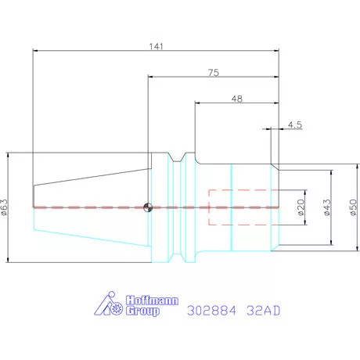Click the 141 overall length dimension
point(156,46)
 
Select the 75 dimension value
point(214,73)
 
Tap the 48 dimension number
point(237,99)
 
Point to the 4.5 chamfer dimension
point(295,125)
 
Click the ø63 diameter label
point(5,207)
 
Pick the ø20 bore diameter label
point(301,207)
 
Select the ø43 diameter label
point(327,207)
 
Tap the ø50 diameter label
point(353,207)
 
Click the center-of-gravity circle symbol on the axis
point(148,207)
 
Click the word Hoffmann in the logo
point(152,301)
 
